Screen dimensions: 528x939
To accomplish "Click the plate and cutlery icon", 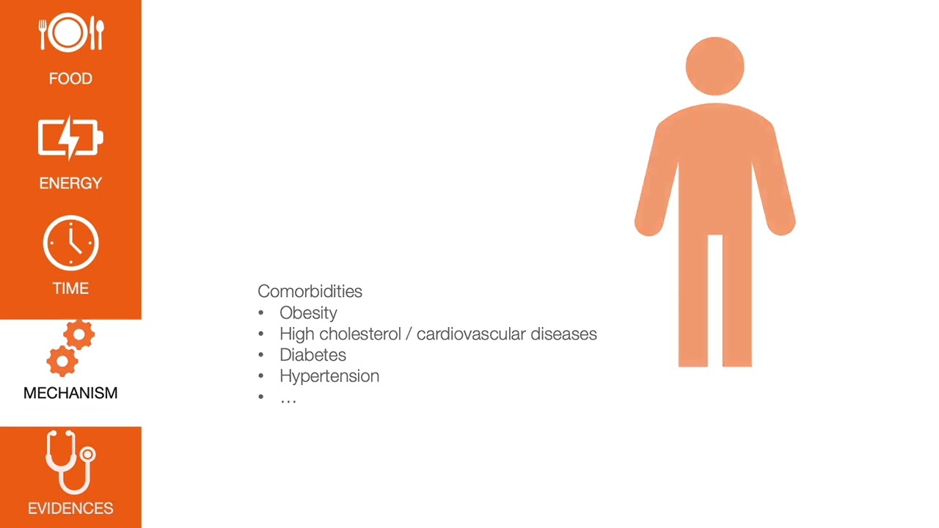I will [70, 34].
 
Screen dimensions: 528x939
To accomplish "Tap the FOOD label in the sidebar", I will [70, 78].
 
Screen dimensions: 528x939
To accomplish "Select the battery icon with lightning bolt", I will [70, 138].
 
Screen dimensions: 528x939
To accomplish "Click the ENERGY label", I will [70, 183].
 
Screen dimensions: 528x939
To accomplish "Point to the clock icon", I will [70, 243].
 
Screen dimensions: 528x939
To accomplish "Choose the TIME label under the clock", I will [70, 288].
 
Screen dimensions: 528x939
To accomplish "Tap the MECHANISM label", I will [70, 393].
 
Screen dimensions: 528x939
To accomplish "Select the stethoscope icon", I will [70, 462].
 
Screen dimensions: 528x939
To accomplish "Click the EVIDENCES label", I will [70, 508].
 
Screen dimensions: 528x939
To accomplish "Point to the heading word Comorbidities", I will [310, 291].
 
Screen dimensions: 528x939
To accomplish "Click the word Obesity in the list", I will [308, 313].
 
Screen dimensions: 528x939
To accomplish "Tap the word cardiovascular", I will [471, 334].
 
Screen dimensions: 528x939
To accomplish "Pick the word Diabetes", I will [313, 355].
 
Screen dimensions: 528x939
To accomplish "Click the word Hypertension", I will [329, 376].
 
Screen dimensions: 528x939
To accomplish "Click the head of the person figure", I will [715, 66].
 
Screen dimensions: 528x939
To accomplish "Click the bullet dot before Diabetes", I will [260, 355].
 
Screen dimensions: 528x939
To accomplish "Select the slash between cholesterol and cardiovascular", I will [409, 334].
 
